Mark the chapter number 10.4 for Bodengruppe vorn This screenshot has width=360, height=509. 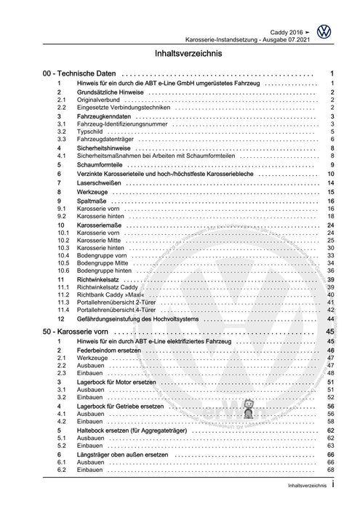tap(63, 256)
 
